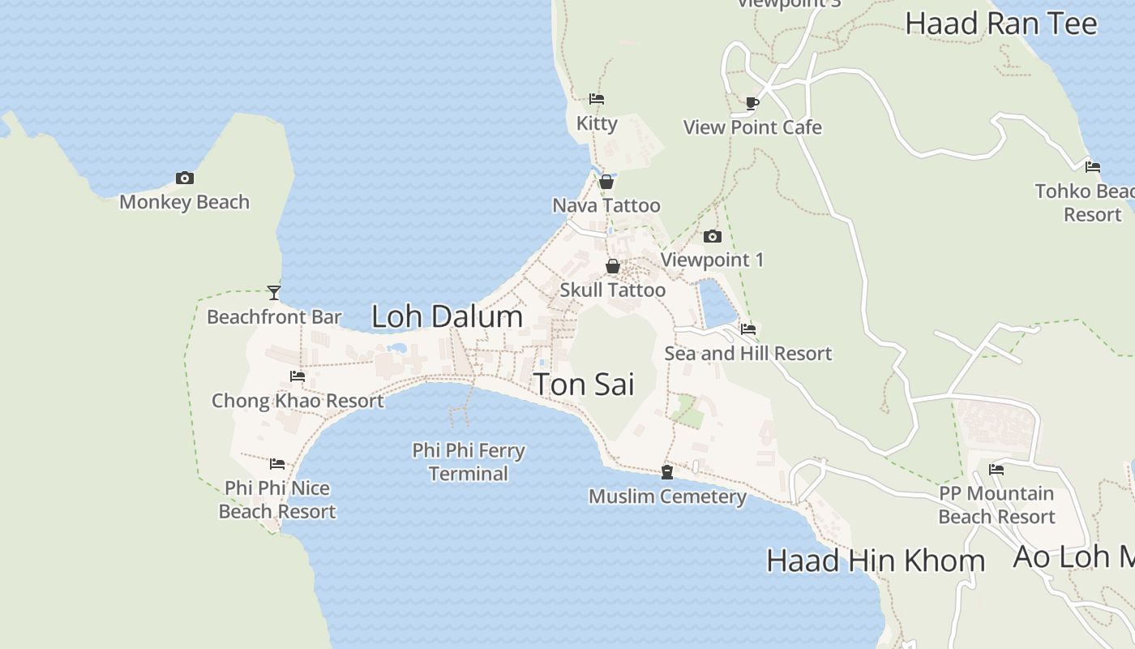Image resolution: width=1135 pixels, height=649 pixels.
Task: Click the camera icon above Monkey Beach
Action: pos(185,178)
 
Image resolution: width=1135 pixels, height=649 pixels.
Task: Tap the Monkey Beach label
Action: pos(184,202)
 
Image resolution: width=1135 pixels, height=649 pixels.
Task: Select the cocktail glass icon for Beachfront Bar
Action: pos(274,293)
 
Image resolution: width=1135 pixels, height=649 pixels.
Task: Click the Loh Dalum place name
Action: pos(447,316)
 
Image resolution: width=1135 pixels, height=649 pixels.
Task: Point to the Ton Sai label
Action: pos(584,384)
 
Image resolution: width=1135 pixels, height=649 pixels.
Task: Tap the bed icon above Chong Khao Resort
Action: pos(298,376)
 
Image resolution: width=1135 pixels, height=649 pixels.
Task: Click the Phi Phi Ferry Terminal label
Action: pos(469,462)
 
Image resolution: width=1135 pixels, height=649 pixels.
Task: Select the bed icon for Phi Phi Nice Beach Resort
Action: pos(277,464)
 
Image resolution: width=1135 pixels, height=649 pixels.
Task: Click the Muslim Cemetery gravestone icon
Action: pos(667,472)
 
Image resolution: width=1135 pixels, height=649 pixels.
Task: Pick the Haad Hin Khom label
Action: pos(876,561)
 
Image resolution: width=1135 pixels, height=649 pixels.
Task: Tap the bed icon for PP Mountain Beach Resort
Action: pos(996,469)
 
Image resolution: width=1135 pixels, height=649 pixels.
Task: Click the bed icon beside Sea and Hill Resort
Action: pos(748,329)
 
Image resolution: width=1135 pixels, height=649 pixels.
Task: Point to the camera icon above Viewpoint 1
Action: pos(713,236)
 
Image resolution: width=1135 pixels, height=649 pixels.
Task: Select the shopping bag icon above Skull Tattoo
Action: pos(613,266)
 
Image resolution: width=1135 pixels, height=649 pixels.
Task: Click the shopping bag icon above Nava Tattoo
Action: pos(606,182)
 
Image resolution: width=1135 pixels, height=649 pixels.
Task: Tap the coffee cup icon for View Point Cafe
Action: pos(752,103)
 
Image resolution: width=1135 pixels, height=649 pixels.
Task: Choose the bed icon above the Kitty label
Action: pos(597,99)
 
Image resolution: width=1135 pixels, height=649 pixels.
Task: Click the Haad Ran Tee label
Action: pos(1001,24)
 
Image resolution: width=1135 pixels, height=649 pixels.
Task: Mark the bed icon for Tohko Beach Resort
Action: pos(1093,167)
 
